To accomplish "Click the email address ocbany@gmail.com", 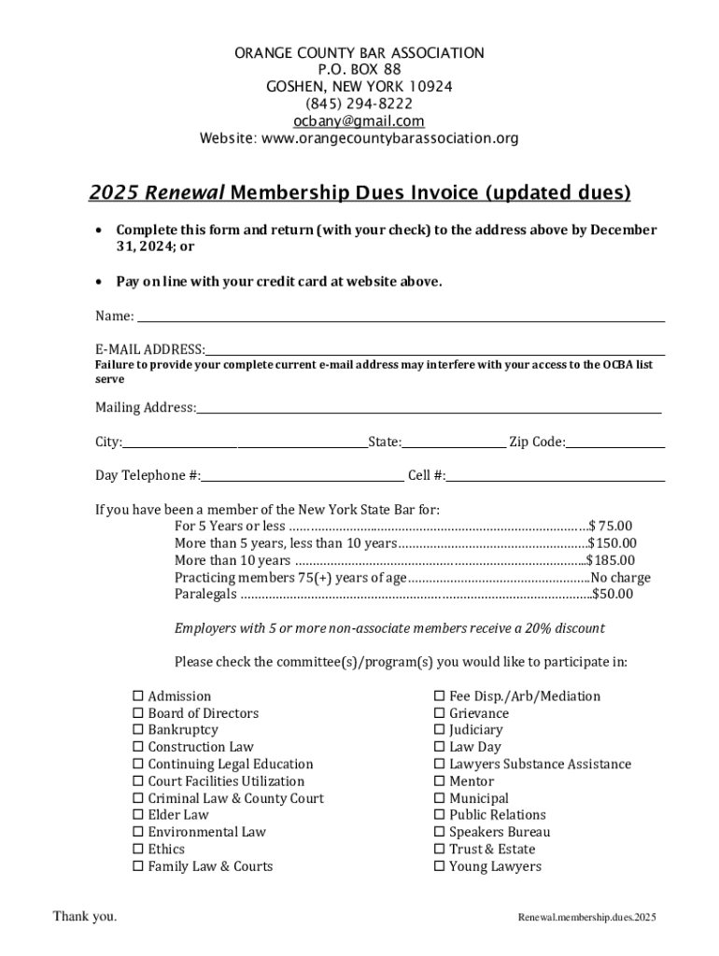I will pos(359,121).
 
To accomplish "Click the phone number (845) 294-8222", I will pos(359,104).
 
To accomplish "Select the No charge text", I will pos(620,578).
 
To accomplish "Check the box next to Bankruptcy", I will pos(137,730).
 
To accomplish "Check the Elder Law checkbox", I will pos(137,815).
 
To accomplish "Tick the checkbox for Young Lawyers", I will pos(439,866).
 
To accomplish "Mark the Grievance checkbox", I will pos(439,713).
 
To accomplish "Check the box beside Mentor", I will pos(439,781).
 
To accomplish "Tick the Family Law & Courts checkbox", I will pos(137,866).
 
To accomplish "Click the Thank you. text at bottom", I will pos(85,917).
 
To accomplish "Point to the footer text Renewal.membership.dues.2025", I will pos(587,918).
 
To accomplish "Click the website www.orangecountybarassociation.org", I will pos(389,139).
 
